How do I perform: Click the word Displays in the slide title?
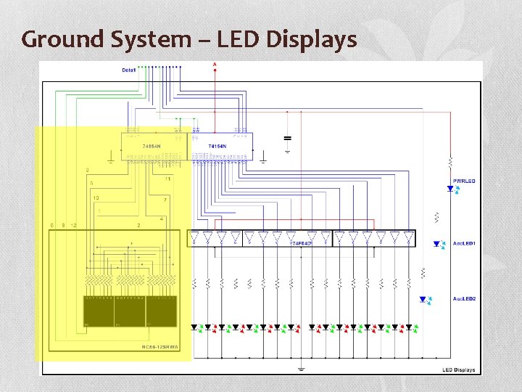312,38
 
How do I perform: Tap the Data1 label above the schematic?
129,70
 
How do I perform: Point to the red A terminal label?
215,65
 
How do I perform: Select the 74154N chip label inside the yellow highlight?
151,147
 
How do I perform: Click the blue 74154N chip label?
217,147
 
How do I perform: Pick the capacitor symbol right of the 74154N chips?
287,137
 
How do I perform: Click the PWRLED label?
464,181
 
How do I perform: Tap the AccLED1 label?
464,244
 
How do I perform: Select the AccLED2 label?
464,299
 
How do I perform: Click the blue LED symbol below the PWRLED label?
451,189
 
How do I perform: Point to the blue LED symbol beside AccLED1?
438,245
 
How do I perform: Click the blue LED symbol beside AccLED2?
424,299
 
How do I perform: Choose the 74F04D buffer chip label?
301,243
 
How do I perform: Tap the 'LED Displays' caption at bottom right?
459,369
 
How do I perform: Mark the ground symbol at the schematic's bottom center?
301,368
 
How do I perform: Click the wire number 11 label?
168,179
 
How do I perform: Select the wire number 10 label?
96,197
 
